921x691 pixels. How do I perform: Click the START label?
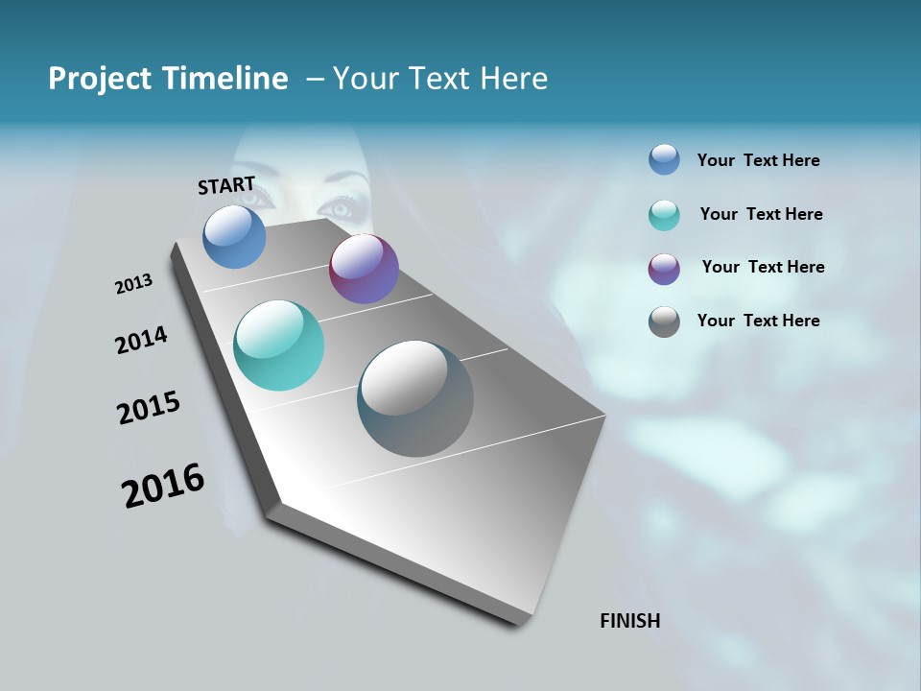[226, 185]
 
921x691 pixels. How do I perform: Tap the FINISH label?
[629, 621]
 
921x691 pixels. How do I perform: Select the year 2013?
[133, 284]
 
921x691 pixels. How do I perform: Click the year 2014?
[141, 340]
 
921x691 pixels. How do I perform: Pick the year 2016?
[163, 486]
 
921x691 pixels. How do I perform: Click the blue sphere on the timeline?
[234, 236]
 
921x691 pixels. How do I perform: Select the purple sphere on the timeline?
[364, 269]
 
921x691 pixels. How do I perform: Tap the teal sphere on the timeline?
[278, 345]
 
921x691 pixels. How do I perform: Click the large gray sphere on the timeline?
[415, 398]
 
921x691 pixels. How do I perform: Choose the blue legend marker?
[664, 160]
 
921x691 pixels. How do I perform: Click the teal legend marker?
[664, 215]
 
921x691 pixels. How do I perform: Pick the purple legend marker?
[664, 269]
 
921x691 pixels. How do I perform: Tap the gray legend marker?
[664, 322]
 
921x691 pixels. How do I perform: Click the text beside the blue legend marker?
[758, 161]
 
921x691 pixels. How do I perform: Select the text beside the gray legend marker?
[758, 321]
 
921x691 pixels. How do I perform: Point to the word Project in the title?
[100, 79]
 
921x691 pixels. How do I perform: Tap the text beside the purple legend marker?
[763, 267]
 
